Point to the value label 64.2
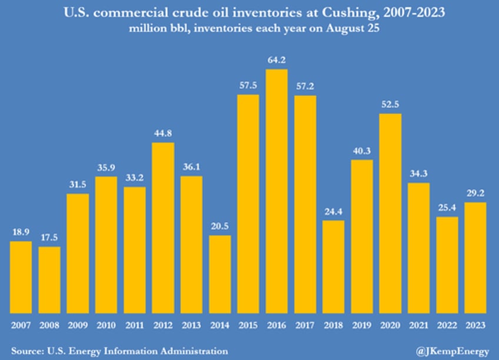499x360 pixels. [277, 61]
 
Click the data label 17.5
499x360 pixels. [49, 238]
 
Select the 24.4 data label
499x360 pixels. [334, 212]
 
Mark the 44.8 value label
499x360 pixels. [163, 134]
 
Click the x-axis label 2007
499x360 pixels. [21, 325]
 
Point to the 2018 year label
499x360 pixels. [334, 325]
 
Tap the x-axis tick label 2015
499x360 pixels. [248, 325]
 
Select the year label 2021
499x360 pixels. [419, 325]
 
